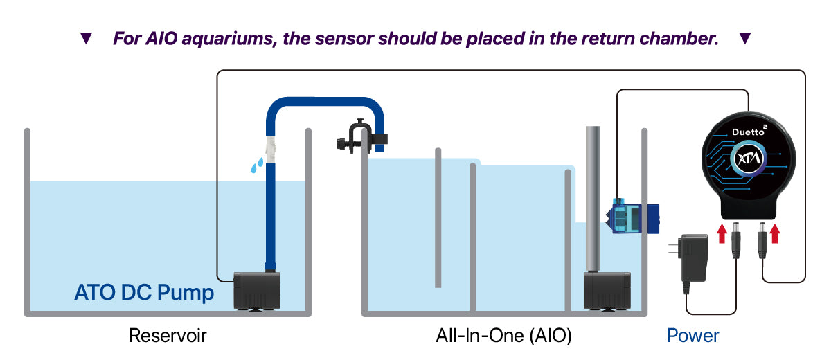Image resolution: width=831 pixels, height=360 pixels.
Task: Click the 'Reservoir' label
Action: (168, 336)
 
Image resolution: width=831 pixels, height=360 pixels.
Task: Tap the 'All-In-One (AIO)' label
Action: (503, 336)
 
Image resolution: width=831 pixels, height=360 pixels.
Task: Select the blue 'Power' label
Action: (692, 336)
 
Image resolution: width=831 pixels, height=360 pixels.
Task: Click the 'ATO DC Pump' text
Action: (144, 293)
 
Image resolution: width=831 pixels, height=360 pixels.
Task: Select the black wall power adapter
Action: (692, 255)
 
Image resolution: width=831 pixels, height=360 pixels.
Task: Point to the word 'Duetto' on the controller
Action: (751, 131)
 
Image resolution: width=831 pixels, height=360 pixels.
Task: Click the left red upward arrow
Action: (722, 233)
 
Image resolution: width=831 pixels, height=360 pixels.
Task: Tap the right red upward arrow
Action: (774, 233)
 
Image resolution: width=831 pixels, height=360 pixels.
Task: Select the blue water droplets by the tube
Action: (256, 165)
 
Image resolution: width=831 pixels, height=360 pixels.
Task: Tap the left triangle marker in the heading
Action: (86, 39)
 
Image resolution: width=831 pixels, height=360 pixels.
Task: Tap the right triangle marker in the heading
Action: (744, 39)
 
